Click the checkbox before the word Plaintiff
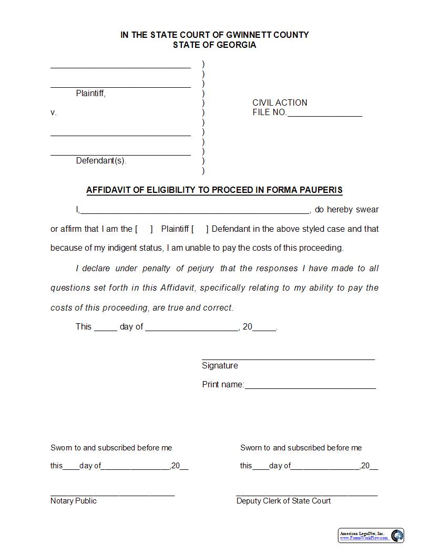coord(144,229)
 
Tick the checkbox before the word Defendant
coord(200,229)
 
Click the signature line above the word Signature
coord(288,358)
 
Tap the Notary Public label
coord(74,501)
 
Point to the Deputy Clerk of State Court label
coord(283,501)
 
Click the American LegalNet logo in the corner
coord(371,535)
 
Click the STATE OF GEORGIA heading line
coord(214,45)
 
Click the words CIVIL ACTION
coord(280,102)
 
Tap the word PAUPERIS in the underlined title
coord(321,190)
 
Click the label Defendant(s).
coord(101,161)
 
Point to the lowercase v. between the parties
coord(53,112)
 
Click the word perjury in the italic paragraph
coord(200,268)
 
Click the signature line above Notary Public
coord(113,494)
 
